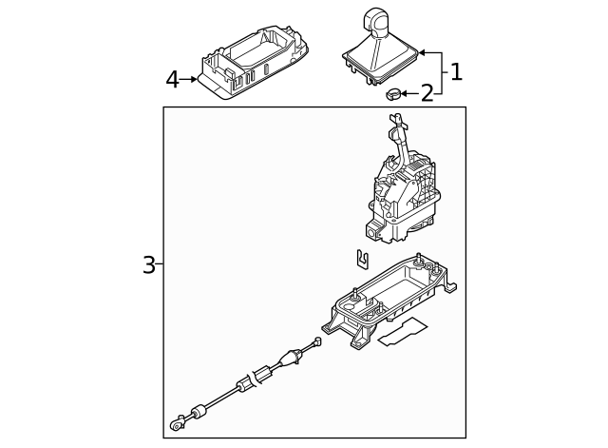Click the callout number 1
pyautogui.click(x=456, y=71)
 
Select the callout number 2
pyautogui.click(x=427, y=93)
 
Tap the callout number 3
pyautogui.click(x=149, y=264)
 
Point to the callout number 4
pyautogui.click(x=172, y=80)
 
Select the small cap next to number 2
pyautogui.click(x=392, y=93)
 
